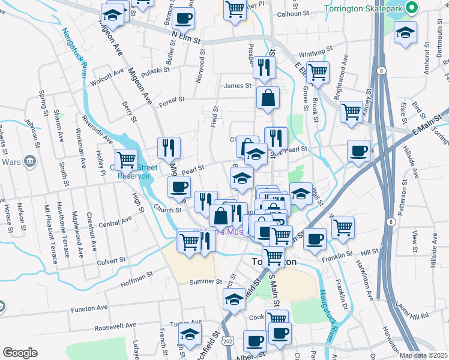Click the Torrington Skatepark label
tap(362, 9)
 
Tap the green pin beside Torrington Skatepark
tap(411, 8)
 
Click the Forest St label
tap(172, 103)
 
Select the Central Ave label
tap(115, 223)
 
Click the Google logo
tap(20, 353)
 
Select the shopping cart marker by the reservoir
tap(126, 160)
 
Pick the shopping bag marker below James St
tap(268, 98)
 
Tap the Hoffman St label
tap(137, 277)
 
